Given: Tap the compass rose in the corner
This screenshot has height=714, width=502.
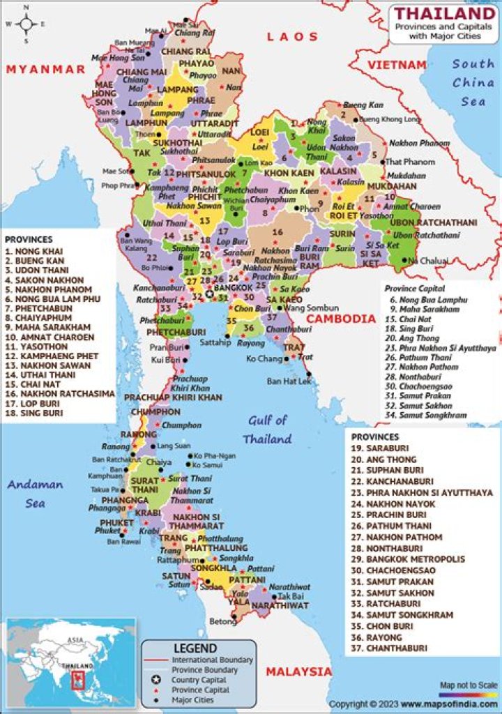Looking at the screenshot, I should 26,24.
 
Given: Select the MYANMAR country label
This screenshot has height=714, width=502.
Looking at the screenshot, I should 45,69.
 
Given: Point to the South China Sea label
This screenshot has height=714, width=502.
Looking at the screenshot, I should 473,82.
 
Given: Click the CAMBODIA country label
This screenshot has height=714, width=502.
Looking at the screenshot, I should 341,319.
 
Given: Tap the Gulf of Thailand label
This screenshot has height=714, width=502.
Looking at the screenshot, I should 267,430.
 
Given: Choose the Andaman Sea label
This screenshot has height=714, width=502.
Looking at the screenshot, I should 36,493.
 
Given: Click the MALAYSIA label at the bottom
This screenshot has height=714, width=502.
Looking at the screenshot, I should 299,671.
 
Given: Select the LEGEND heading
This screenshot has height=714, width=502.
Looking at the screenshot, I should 195,648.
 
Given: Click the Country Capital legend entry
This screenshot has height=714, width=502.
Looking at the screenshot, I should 199,680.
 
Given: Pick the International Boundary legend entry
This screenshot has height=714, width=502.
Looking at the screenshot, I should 212,660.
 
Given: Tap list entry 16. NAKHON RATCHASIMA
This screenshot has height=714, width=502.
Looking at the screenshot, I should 59,393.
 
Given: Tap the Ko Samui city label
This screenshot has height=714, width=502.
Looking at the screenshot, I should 208,465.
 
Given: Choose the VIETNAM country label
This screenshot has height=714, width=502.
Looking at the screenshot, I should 397,65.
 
